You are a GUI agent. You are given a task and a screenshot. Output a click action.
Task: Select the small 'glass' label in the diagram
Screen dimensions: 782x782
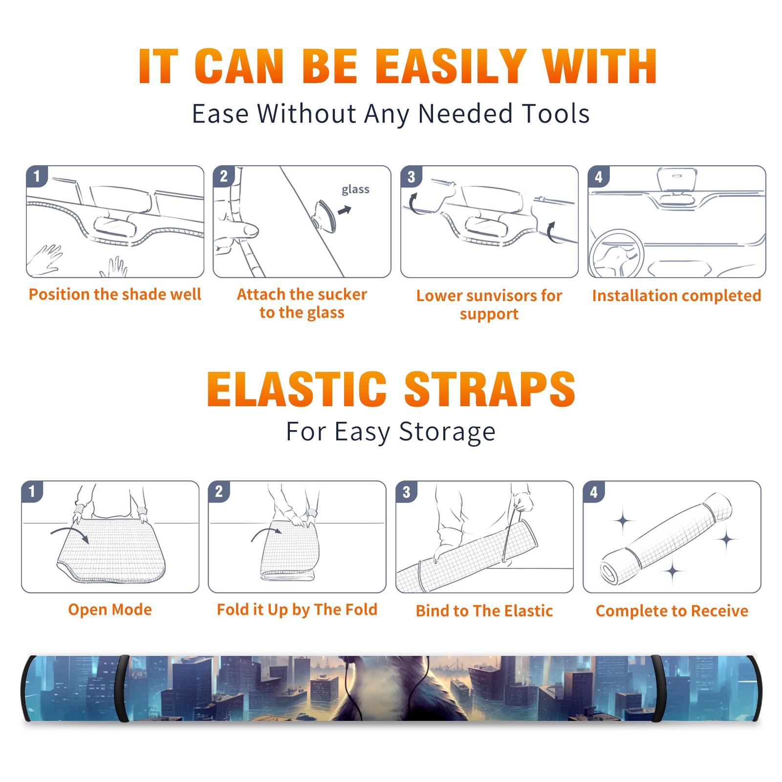click(355, 190)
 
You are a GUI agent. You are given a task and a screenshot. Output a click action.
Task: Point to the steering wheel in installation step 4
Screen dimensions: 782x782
click(617, 254)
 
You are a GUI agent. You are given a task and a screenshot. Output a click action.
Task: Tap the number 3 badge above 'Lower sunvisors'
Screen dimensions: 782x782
click(412, 176)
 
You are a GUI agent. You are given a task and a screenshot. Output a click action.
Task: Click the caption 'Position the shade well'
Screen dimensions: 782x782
click(115, 294)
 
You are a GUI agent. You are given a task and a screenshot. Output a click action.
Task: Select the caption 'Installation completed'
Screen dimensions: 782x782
click(676, 295)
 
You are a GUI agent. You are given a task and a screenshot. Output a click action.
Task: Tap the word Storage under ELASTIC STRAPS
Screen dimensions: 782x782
click(447, 432)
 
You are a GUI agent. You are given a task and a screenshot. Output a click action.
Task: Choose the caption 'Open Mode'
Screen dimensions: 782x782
click(110, 609)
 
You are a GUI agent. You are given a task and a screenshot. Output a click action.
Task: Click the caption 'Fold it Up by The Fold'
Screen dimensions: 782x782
click(297, 609)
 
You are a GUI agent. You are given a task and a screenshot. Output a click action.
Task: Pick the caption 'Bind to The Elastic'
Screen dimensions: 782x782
click(484, 611)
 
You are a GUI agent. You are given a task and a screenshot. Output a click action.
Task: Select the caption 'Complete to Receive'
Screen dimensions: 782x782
click(672, 611)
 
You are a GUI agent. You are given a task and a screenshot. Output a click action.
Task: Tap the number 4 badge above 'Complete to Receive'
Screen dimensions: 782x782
click(594, 492)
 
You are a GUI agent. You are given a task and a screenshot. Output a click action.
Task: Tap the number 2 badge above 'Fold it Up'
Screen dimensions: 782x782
click(219, 492)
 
